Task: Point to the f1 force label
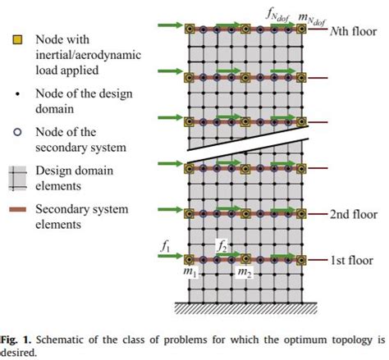165,244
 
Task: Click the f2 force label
222,244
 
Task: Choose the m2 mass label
245,272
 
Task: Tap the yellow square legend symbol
18,39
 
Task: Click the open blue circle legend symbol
18,131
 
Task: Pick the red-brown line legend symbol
18,208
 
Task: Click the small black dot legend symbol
18,93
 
